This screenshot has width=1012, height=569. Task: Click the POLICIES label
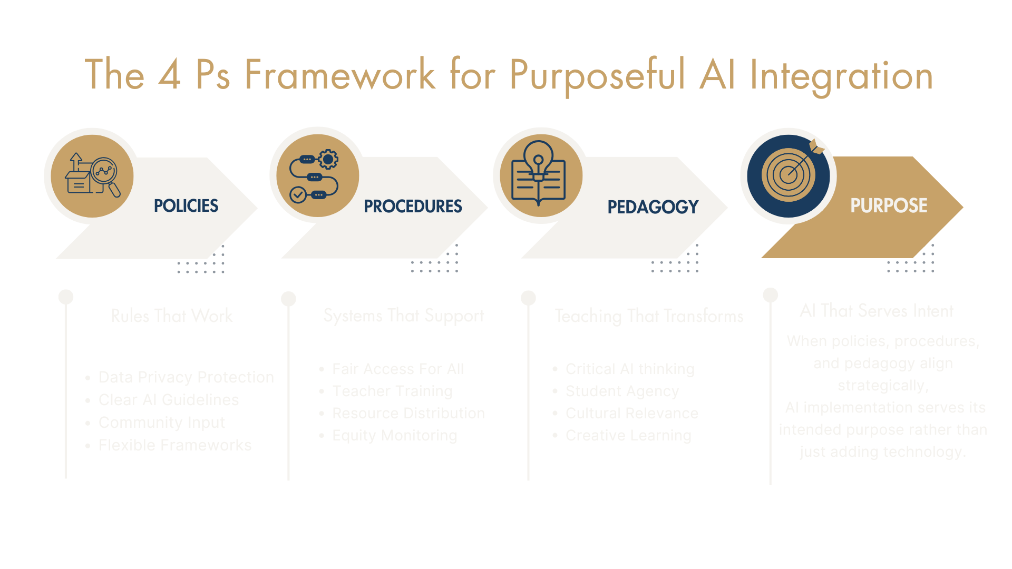(x=186, y=205)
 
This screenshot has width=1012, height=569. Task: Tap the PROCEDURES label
(x=413, y=206)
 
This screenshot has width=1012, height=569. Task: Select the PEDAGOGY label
(x=653, y=207)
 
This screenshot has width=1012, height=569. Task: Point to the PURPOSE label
(x=889, y=205)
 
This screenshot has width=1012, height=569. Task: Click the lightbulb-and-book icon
(x=538, y=174)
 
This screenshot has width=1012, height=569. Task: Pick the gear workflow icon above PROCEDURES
(x=315, y=175)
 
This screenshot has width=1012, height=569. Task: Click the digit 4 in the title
(x=169, y=75)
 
